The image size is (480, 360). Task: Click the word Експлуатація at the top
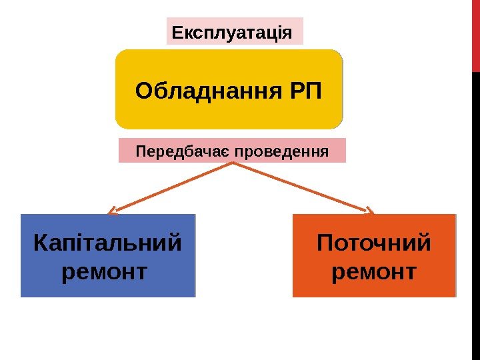point(231,32)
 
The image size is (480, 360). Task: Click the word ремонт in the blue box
point(103,272)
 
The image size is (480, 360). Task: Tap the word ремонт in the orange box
point(373,272)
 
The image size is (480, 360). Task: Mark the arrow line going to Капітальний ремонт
point(173,187)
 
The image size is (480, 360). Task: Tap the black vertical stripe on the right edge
point(475,213)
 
